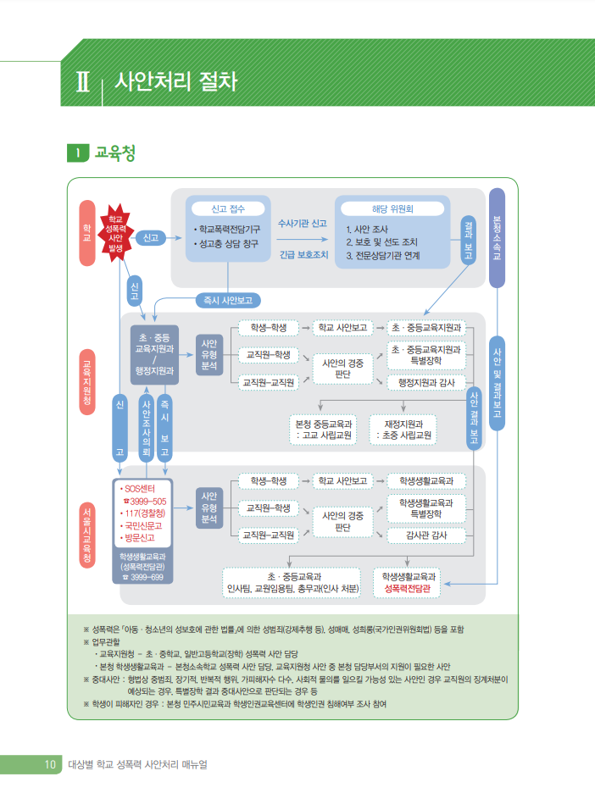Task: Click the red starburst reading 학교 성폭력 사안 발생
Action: point(115,232)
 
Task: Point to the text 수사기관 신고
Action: point(303,224)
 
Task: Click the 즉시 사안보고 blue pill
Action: point(227,300)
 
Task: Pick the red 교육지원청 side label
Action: point(86,380)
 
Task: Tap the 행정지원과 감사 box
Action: point(426,382)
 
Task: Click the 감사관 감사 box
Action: point(426,535)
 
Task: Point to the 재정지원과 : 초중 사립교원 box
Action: point(404,430)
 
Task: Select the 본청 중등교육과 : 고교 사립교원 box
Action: point(322,430)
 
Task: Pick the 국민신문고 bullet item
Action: point(144,525)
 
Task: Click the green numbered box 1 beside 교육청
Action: point(78,153)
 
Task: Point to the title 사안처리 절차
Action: point(175,83)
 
